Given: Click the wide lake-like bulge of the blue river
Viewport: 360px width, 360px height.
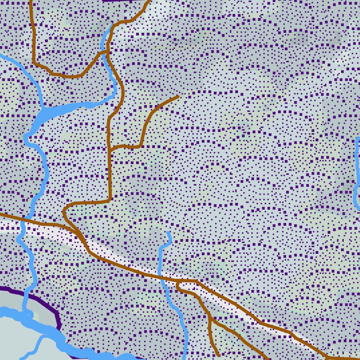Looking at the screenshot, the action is point(46,114).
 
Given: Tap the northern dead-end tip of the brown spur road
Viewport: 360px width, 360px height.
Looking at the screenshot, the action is point(178,96).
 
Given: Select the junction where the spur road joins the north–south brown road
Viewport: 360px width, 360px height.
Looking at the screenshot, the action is point(109,150).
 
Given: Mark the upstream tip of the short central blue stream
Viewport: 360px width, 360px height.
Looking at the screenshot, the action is point(168,233).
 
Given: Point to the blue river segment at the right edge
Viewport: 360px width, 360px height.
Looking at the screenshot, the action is point(356,176).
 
